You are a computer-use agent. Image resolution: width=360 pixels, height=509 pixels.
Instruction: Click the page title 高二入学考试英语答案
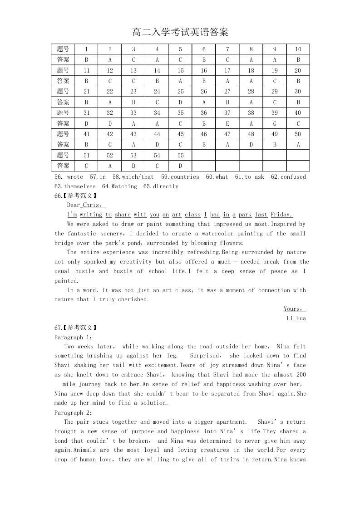[x=180, y=33]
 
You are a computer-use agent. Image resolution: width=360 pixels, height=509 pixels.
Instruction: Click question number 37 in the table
[x=227, y=113]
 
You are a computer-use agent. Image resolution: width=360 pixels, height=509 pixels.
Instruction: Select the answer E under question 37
[x=227, y=123]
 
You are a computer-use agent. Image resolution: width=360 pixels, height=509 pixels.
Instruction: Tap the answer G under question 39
[x=275, y=123]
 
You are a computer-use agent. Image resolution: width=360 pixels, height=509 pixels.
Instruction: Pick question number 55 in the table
[x=180, y=156]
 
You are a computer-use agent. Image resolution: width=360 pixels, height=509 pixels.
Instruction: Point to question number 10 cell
[x=298, y=49]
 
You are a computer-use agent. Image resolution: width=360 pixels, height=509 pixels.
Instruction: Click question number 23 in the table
[x=133, y=92]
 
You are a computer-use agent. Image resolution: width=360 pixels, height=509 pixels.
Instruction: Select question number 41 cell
[x=86, y=134]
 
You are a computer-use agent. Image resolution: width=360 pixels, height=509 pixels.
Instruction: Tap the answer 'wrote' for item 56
[x=75, y=177]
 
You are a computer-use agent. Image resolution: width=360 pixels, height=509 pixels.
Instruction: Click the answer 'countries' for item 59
[x=185, y=177]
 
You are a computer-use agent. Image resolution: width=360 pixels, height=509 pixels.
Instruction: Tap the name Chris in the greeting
[x=93, y=205]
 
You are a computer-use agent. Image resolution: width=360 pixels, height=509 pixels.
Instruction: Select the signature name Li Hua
[x=296, y=318]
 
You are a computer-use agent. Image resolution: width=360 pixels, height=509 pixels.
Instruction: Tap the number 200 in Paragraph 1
[x=301, y=375]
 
